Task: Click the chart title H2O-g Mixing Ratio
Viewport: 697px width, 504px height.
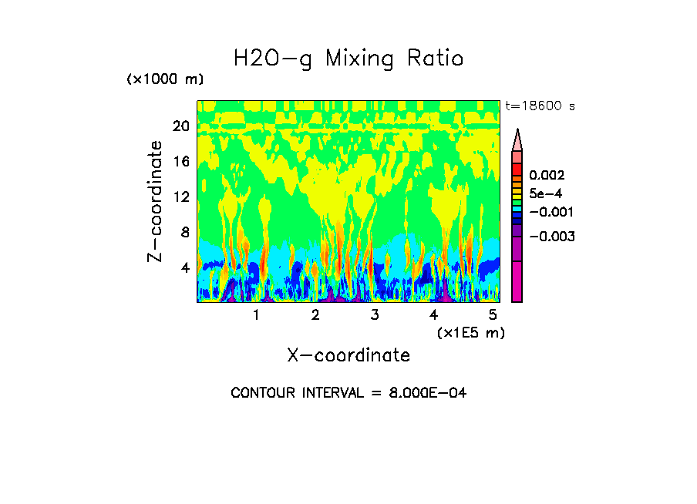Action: click(348, 59)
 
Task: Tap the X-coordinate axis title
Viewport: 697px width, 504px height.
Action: click(348, 355)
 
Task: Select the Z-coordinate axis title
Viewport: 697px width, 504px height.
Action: click(156, 201)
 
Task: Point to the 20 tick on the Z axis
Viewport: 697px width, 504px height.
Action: click(180, 126)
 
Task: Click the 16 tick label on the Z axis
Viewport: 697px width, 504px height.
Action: click(180, 162)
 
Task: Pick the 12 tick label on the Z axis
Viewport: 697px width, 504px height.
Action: click(180, 197)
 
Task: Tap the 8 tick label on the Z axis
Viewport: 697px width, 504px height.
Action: click(185, 232)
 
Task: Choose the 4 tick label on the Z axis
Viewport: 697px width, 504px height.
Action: click(185, 267)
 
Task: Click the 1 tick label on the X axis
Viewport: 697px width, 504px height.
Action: click(256, 315)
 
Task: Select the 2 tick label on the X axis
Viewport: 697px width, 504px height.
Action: click(315, 315)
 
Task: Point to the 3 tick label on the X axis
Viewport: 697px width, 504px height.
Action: click(374, 315)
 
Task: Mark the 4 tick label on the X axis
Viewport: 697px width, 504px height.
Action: click(433, 315)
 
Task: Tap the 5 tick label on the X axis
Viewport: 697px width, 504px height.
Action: click(492, 315)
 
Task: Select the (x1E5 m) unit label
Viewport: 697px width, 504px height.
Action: click(470, 332)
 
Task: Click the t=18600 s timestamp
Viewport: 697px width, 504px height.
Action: click(540, 106)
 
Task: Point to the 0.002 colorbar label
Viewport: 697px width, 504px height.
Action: click(547, 176)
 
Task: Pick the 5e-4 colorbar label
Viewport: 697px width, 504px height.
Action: click(545, 193)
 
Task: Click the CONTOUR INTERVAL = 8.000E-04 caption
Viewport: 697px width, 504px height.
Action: click(348, 393)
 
